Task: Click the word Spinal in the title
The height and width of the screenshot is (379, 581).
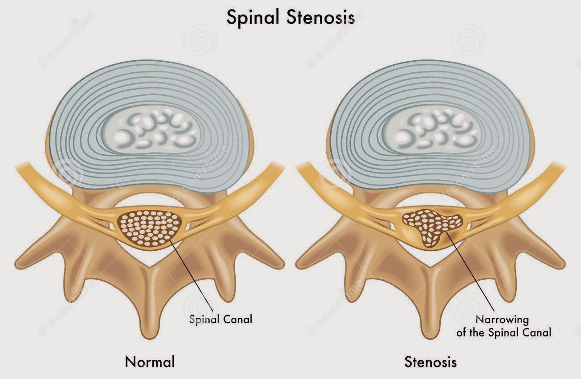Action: click(251, 18)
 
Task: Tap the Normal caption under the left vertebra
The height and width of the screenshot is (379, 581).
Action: click(150, 361)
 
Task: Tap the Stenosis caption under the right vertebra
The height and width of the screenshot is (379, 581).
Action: click(430, 361)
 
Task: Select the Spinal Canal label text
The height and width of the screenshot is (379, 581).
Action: click(221, 319)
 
